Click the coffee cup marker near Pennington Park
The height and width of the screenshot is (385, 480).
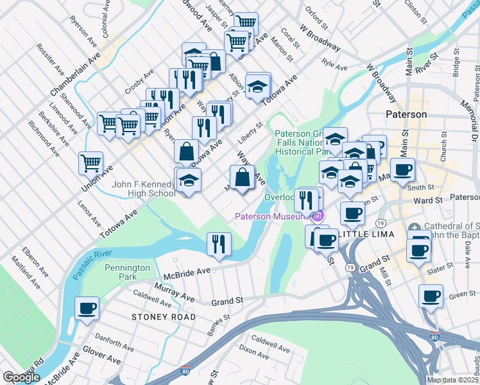[86, 309]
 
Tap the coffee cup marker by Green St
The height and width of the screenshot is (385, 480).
[431, 296]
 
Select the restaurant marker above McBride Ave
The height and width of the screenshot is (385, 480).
[219, 244]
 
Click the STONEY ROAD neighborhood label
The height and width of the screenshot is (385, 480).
[155, 317]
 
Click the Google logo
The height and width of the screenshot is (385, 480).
[21, 377]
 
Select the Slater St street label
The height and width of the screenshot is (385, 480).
[443, 271]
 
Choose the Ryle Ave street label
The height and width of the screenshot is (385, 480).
[334, 65]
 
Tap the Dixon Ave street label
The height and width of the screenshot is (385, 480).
[254, 350]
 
